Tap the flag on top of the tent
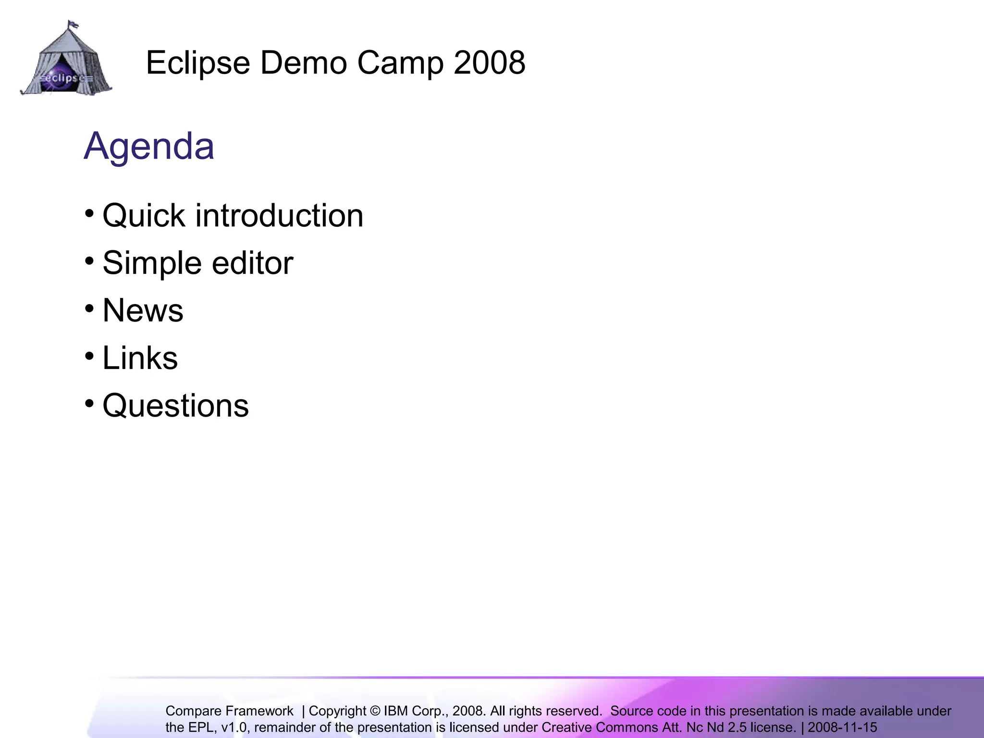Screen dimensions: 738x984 pos(73,24)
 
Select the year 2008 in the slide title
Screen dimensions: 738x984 pos(489,63)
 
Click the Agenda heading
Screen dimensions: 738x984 pos(149,146)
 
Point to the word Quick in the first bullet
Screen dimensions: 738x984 pos(144,216)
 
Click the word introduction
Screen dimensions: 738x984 pos(279,216)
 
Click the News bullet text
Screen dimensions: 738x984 pos(143,310)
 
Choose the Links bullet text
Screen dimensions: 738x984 pos(140,358)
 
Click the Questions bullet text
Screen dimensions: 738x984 pos(175,406)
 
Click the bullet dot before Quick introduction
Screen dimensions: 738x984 pos(89,213)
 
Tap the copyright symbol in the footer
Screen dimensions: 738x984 pos(375,711)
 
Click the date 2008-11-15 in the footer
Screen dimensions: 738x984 pos(842,727)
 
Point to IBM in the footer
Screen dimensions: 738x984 pos(396,711)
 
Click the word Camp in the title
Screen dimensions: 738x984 pos(400,63)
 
